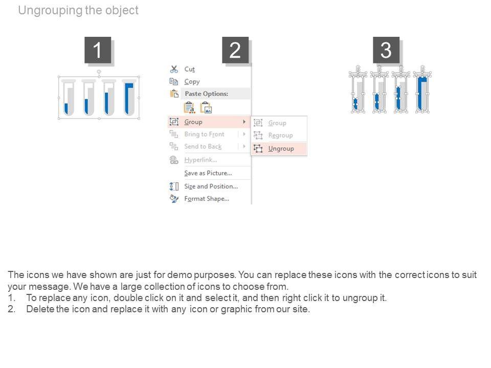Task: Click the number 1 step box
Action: tap(98, 50)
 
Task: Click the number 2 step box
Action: tap(235, 50)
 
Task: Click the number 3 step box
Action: tap(386, 50)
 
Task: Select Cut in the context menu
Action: tap(189, 69)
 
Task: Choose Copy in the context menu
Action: tap(192, 82)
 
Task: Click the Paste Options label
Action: tap(206, 94)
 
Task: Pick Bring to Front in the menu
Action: tap(204, 134)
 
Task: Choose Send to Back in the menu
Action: tap(203, 147)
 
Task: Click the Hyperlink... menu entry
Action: tap(200, 160)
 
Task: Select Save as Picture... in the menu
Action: tap(208, 173)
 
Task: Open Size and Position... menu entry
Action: tap(211, 186)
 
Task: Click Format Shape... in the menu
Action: tap(207, 199)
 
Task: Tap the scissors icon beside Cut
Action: tap(174, 69)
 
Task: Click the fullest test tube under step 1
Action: tap(129, 98)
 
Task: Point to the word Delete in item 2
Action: tap(40, 309)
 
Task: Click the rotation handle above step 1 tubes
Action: tap(99, 72)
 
